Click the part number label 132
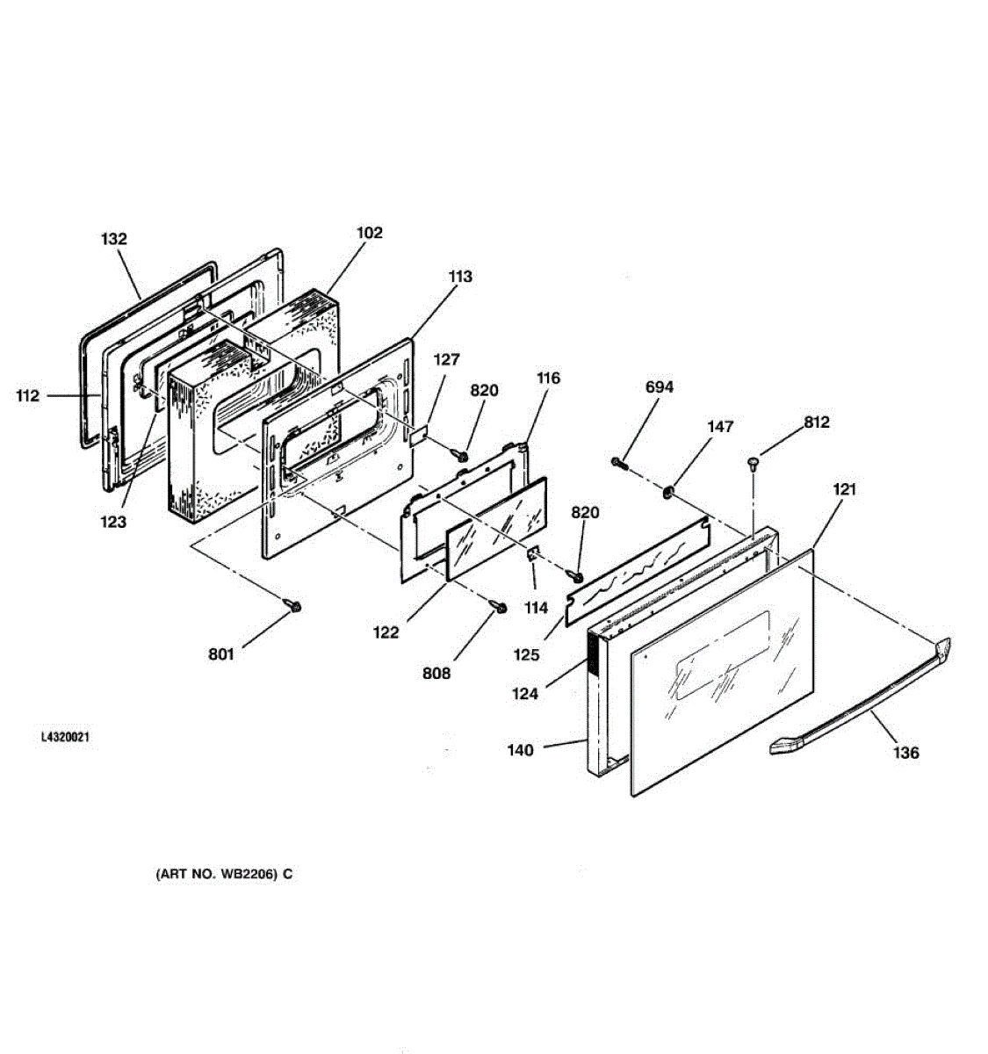click(x=114, y=239)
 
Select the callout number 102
click(x=370, y=233)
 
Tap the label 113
click(x=459, y=277)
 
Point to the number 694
click(x=660, y=386)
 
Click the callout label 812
click(x=816, y=422)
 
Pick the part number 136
click(x=906, y=753)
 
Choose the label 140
click(x=520, y=750)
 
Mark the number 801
click(x=221, y=654)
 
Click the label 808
click(x=436, y=673)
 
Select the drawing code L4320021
click(x=65, y=738)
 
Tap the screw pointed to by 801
click(x=293, y=605)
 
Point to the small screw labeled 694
click(x=619, y=463)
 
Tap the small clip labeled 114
click(x=532, y=555)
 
